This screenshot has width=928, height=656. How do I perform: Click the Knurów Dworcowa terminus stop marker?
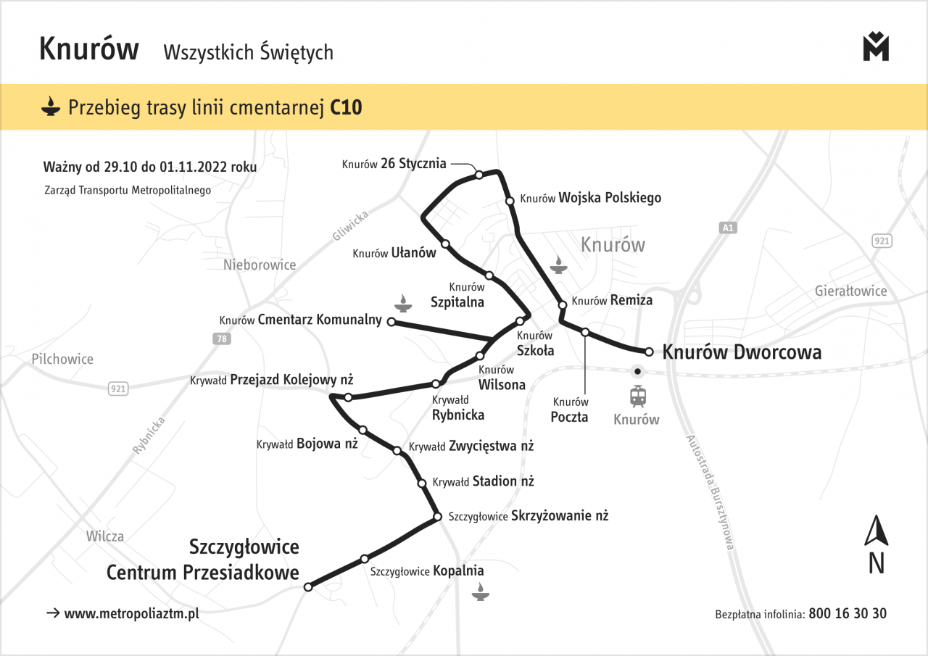pyautogui.click(x=650, y=352)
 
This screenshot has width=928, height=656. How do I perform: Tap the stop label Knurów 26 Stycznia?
pyautogui.click(x=394, y=164)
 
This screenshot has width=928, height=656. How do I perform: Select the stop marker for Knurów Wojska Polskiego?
pyautogui.click(x=510, y=201)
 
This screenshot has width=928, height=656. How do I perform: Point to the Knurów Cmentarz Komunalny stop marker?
pyautogui.click(x=391, y=321)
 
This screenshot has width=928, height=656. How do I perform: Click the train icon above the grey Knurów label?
pyautogui.click(x=638, y=396)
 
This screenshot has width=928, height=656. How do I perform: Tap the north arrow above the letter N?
pyautogui.click(x=877, y=530)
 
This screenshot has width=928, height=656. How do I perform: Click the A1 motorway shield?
pyautogui.click(x=729, y=228)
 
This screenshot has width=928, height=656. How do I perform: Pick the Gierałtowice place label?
pyautogui.click(x=850, y=291)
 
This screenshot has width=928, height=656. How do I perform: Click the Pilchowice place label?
pyautogui.click(x=62, y=359)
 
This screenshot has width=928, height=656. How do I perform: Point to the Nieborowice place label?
pyautogui.click(x=260, y=265)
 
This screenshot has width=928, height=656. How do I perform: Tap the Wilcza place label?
pyautogui.click(x=104, y=536)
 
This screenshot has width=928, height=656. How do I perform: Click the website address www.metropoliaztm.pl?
pyautogui.click(x=131, y=613)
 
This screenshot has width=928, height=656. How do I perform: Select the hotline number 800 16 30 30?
pyautogui.click(x=848, y=613)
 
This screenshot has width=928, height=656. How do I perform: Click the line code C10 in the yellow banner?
pyautogui.click(x=346, y=108)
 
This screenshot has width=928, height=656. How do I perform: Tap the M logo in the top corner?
pyautogui.click(x=876, y=47)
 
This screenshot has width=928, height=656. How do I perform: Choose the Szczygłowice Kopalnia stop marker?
pyautogui.click(x=365, y=559)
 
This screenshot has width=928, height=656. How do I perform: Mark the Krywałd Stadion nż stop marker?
pyautogui.click(x=421, y=483)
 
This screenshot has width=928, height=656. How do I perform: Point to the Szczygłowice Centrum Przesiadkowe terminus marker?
pyautogui.click(x=308, y=586)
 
